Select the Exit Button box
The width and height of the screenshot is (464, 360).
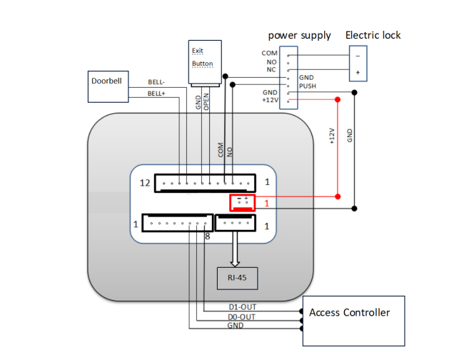click(x=203, y=57)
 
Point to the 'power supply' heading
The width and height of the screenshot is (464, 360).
click(x=299, y=35)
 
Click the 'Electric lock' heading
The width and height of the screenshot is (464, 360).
click(x=373, y=35)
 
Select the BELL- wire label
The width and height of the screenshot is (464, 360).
click(x=156, y=82)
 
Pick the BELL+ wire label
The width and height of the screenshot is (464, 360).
click(x=156, y=94)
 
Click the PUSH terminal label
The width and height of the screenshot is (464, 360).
click(x=308, y=86)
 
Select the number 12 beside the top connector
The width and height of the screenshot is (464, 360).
click(x=144, y=183)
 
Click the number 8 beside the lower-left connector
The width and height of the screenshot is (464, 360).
click(x=208, y=236)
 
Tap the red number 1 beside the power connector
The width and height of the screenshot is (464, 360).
click(x=266, y=204)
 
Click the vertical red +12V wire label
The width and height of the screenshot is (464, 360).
click(x=331, y=135)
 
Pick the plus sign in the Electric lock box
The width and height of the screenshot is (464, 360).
click(x=358, y=73)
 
